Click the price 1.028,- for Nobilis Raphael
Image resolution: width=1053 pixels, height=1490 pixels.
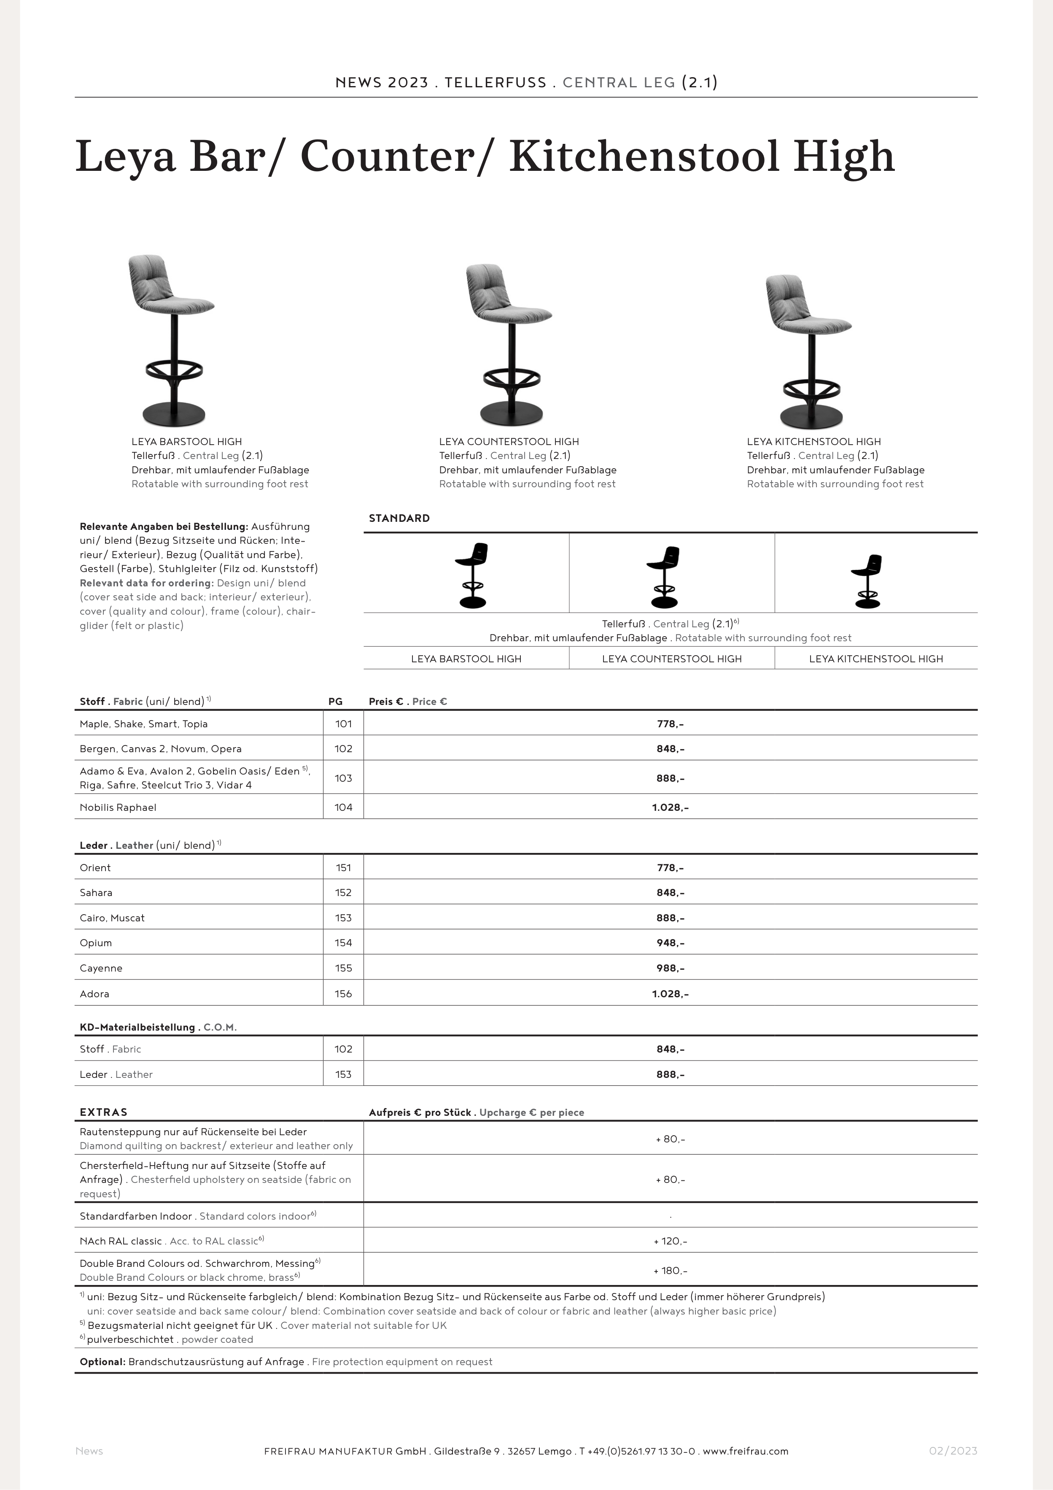[670, 807]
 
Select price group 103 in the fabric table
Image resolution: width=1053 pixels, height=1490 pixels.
[343, 777]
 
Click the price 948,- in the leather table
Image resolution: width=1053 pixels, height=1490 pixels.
[670, 942]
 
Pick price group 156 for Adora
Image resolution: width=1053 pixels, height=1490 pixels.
[343, 993]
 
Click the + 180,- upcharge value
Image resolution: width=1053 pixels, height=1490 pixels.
[670, 1270]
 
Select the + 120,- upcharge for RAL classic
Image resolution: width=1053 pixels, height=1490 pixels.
[670, 1241]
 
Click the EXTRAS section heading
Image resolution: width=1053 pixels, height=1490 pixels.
[104, 1112]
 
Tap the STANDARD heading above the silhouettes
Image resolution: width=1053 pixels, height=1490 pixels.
[399, 518]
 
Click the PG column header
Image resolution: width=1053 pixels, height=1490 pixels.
[335, 701]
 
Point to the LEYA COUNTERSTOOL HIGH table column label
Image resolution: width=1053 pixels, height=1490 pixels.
[671, 659]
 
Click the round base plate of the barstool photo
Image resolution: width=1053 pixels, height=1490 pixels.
[174, 413]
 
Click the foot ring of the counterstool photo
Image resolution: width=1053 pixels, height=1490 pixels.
[512, 376]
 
